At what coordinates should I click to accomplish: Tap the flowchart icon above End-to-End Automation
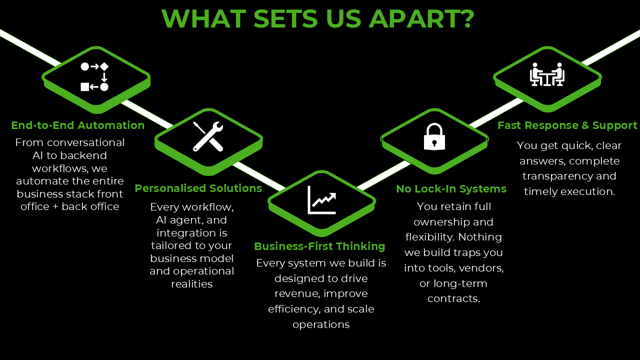tap(94, 76)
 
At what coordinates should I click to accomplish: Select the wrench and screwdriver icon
tap(208, 136)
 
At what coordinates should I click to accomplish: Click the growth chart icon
tap(321, 199)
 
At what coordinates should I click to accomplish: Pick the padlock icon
tap(434, 137)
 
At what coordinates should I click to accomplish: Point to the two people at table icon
tap(547, 74)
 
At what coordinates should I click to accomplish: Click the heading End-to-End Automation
tap(77, 125)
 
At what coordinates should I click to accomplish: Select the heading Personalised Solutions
tap(198, 188)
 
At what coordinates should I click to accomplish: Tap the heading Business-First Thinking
tap(319, 246)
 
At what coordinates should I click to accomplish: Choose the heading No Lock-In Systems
tap(451, 189)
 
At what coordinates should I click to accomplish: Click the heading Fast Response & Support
tap(567, 125)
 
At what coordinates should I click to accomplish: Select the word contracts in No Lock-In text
tap(453, 299)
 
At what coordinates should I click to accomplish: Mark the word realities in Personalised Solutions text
tap(191, 284)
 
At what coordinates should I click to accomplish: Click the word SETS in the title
tap(285, 19)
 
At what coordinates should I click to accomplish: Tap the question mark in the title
tap(467, 19)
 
